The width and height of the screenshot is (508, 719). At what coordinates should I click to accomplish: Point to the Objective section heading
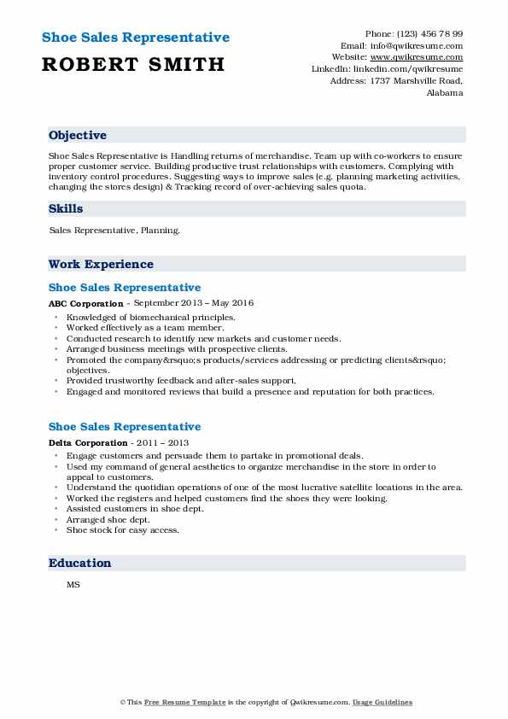point(78,135)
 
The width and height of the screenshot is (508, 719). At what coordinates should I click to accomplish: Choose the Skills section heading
point(66,208)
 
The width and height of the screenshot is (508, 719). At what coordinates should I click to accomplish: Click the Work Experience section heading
point(101,264)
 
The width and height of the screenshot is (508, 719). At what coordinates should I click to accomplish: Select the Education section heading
point(79,563)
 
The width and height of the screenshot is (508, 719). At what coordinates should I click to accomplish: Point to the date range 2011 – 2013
point(161,442)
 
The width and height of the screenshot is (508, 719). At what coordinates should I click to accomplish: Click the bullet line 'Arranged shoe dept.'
point(108,519)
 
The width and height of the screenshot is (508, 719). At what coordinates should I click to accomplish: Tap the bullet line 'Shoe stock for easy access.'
point(123,529)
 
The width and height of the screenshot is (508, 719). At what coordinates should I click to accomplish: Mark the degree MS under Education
point(73,585)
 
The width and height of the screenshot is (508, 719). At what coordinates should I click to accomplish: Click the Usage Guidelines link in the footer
point(383,702)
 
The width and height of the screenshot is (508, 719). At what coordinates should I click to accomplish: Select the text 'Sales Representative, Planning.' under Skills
point(114,231)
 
